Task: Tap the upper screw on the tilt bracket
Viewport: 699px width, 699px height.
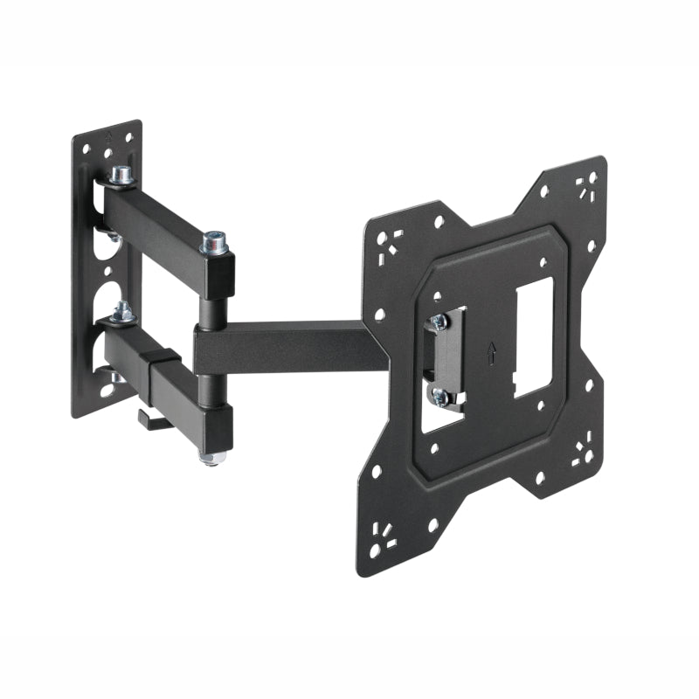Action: point(440,322)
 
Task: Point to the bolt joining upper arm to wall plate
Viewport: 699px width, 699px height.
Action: point(120,176)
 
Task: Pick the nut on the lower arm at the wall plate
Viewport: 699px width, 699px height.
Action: point(121,312)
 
